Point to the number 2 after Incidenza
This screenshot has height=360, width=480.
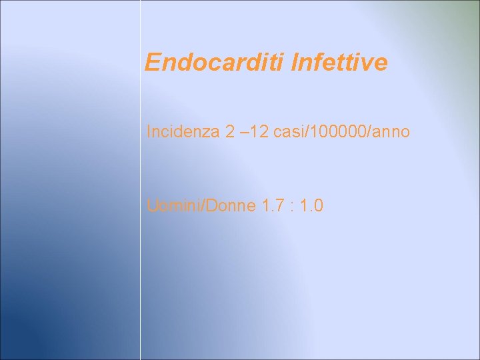tap(229, 132)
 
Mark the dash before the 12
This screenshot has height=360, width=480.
tap(243, 132)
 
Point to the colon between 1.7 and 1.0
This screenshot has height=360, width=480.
tap(291, 207)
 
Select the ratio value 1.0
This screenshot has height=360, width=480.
tap(311, 206)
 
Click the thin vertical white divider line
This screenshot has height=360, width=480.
tap(140, 267)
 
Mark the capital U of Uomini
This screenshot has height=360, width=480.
tap(152, 206)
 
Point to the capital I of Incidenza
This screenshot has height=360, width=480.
tap(149, 132)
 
